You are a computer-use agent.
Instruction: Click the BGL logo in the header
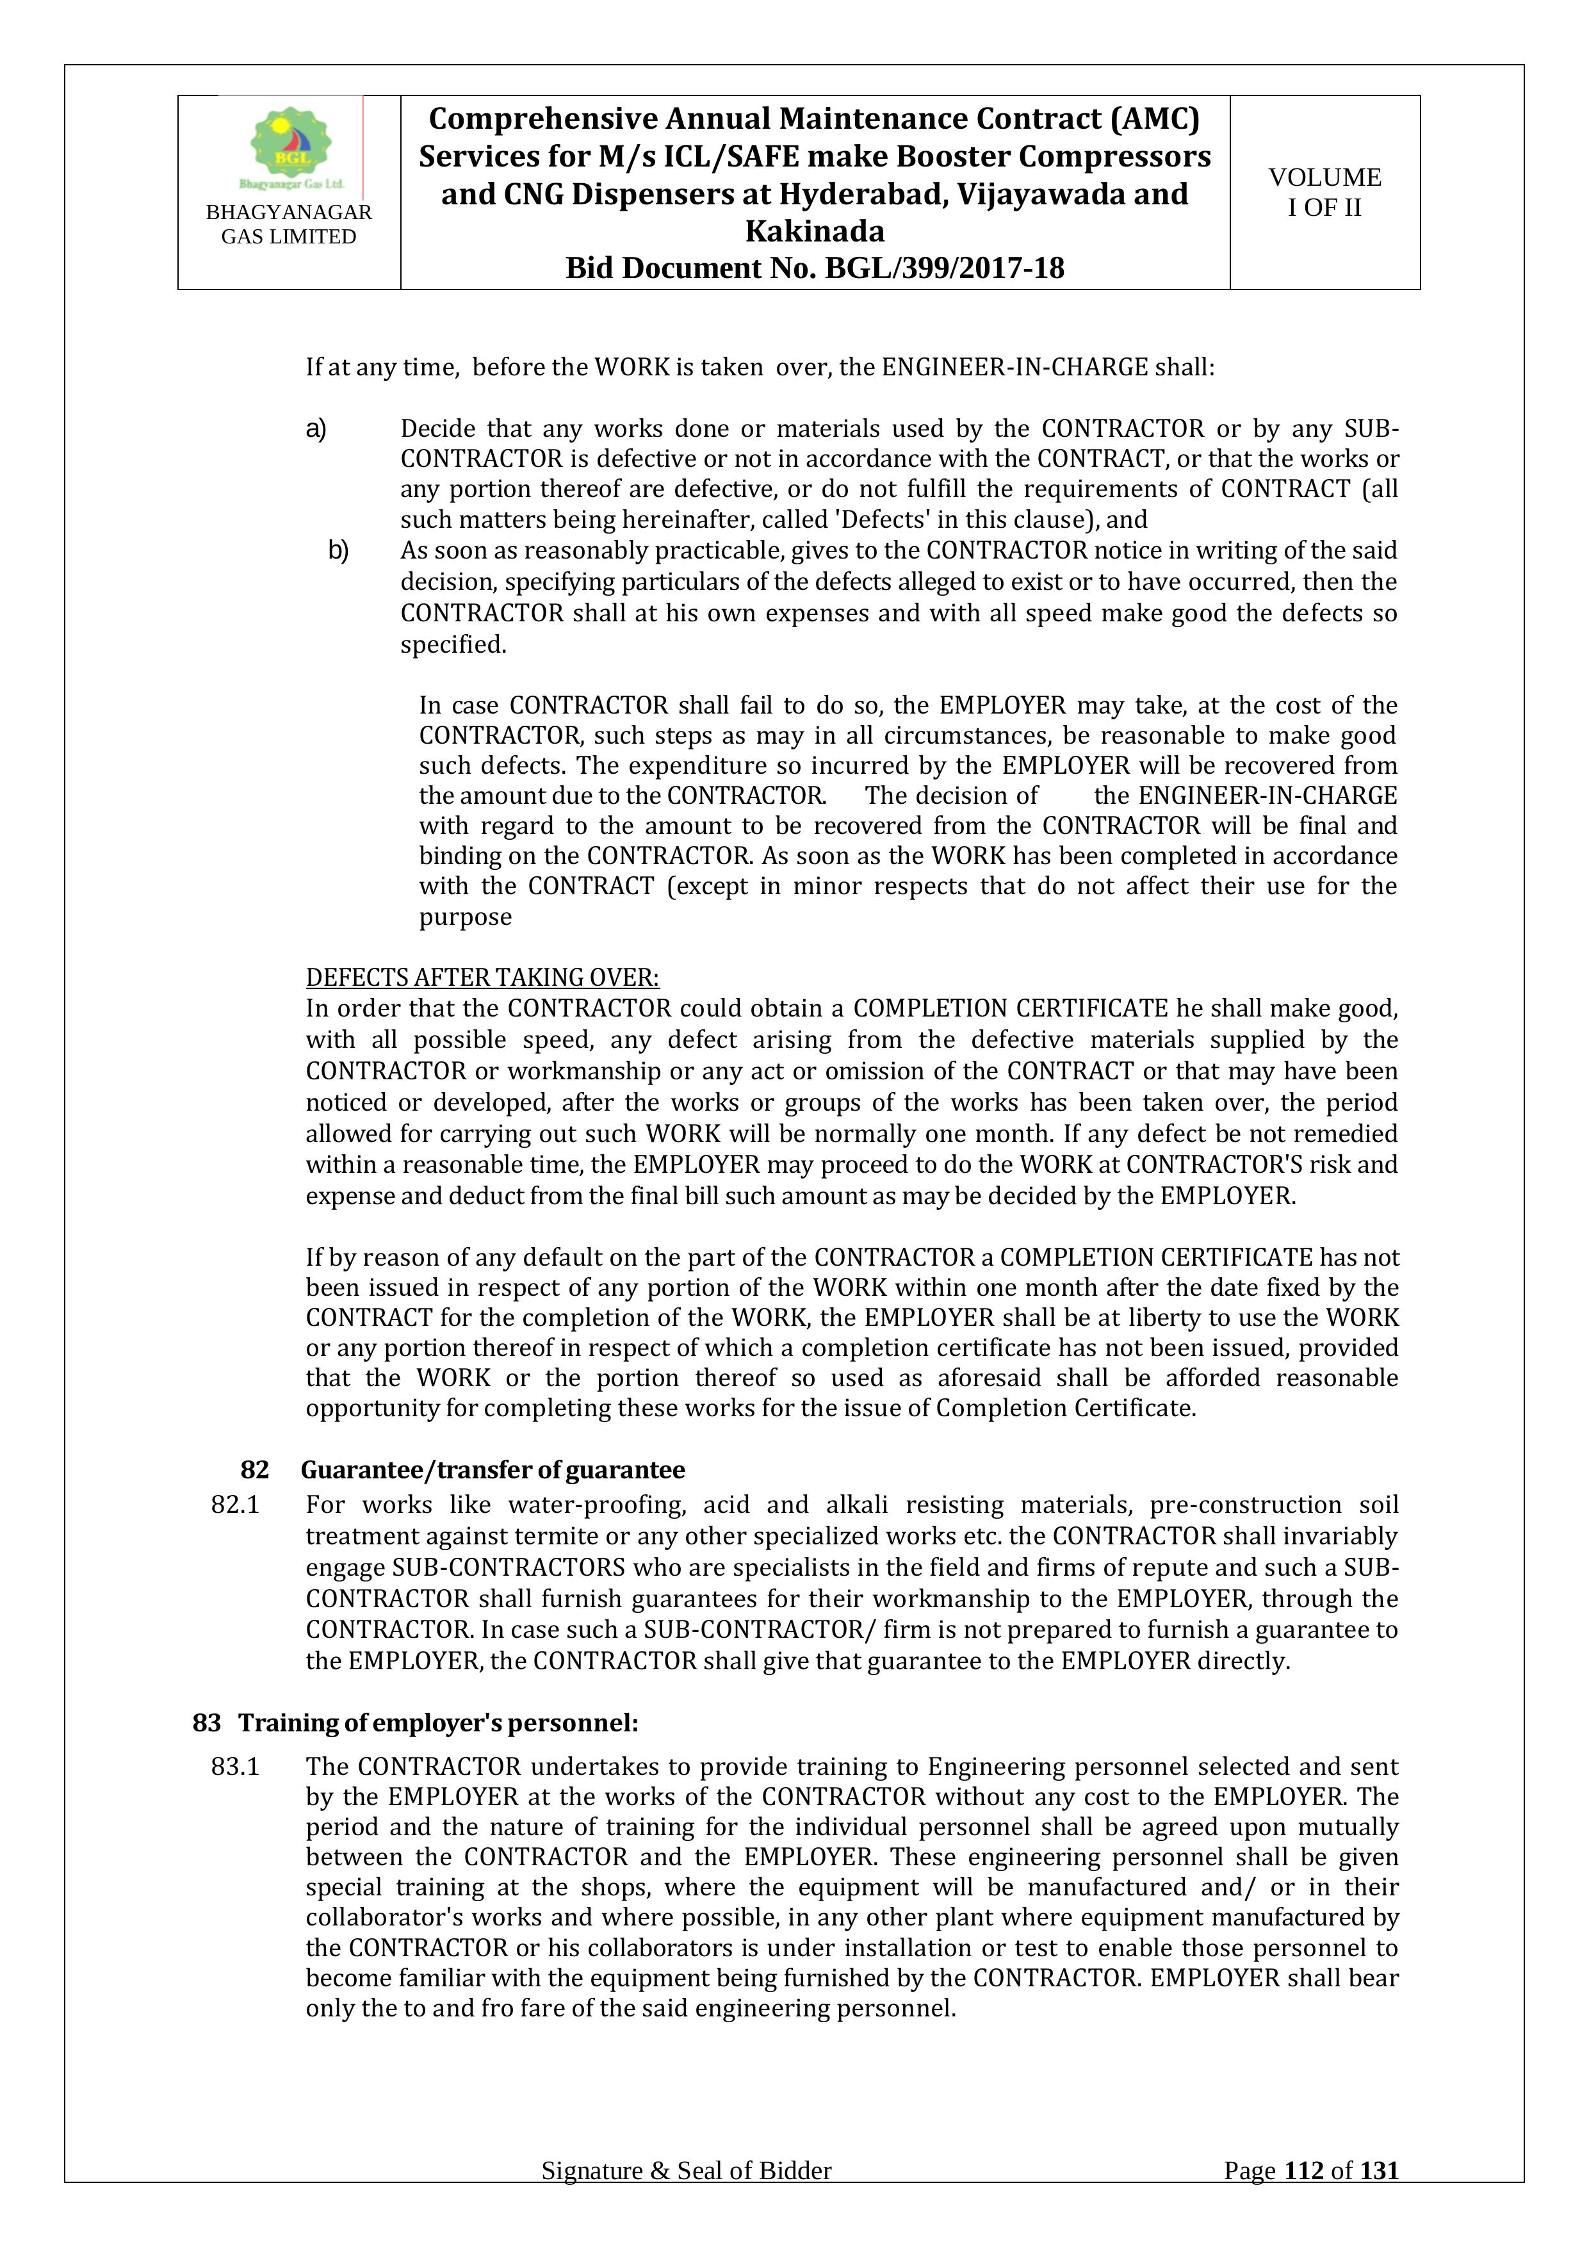[x=291, y=147]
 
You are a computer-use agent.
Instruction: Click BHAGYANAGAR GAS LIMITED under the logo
[x=289, y=224]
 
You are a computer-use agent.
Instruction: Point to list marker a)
[x=316, y=429]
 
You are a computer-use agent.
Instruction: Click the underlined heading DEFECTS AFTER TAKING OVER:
[x=482, y=977]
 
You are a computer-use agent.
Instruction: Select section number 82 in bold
[x=254, y=1470]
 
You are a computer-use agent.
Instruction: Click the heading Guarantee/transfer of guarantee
[x=492, y=1470]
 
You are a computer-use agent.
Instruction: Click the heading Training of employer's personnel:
[x=438, y=1722]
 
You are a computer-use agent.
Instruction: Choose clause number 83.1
[x=235, y=1767]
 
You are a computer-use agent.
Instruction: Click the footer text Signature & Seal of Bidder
[x=686, y=2198]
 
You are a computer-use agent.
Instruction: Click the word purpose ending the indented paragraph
[x=465, y=917]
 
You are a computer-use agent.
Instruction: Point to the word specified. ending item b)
[x=453, y=645]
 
